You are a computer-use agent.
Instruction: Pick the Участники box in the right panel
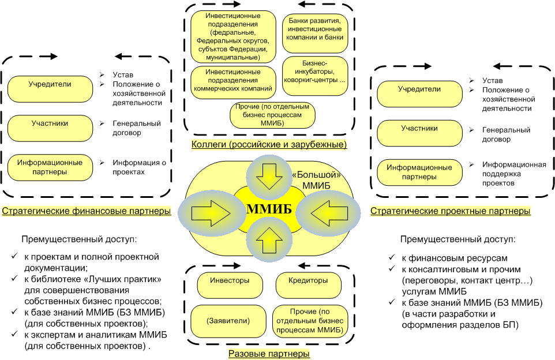tap(419, 132)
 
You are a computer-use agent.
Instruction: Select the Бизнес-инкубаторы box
tap(314, 72)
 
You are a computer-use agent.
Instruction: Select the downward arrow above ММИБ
tap(267, 175)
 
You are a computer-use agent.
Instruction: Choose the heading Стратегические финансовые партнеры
tap(87, 211)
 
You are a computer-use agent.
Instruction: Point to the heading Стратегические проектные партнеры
tap(450, 211)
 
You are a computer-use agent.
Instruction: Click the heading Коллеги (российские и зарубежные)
tap(269, 144)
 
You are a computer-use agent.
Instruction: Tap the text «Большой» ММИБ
tap(316, 179)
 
